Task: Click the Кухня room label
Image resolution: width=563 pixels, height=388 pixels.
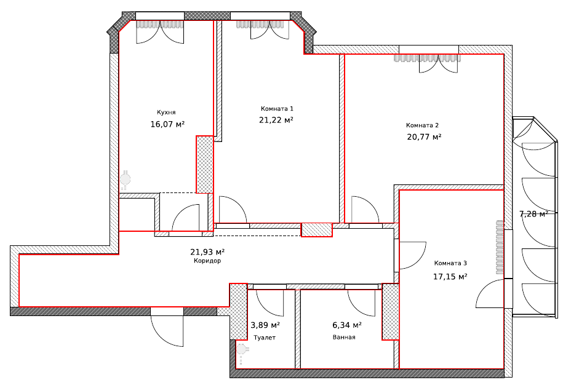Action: click(x=166, y=113)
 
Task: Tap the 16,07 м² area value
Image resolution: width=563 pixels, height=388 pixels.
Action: click(x=167, y=124)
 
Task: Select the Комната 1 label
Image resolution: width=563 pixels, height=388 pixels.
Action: click(x=277, y=108)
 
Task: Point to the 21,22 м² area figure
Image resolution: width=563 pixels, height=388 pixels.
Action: click(x=276, y=120)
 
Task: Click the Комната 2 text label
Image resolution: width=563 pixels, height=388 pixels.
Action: click(x=422, y=125)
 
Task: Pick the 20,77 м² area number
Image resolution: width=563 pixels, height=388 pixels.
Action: click(x=424, y=137)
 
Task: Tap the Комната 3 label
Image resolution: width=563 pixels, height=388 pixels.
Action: click(x=450, y=263)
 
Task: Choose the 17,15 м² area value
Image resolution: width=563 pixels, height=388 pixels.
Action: click(x=450, y=276)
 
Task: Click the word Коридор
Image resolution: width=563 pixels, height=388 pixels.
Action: click(x=207, y=261)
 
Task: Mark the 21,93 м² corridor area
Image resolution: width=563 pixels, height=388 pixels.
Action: click(x=207, y=252)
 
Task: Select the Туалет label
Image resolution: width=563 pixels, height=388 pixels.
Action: click(x=265, y=338)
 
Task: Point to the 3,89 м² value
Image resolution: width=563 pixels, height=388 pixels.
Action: click(x=265, y=325)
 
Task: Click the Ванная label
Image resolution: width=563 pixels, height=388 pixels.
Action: click(x=344, y=338)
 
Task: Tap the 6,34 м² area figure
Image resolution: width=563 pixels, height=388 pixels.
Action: click(x=347, y=325)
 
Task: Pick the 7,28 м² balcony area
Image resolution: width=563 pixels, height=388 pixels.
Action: click(x=533, y=214)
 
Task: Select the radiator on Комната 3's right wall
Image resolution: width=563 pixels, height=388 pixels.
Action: click(x=500, y=247)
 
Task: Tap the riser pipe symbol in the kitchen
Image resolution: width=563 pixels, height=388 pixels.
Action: click(x=125, y=180)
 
